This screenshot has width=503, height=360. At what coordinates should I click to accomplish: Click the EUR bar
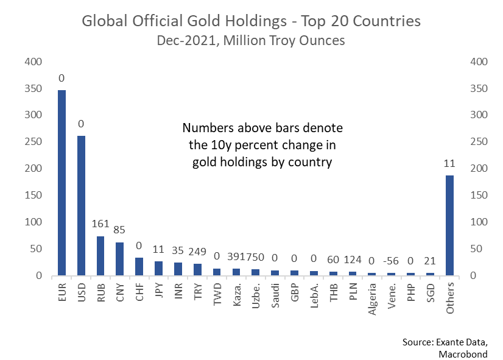62,183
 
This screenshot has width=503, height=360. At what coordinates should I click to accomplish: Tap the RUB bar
100,256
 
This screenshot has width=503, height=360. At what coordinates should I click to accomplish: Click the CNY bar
120,259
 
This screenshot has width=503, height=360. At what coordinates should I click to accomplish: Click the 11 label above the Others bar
451,163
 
